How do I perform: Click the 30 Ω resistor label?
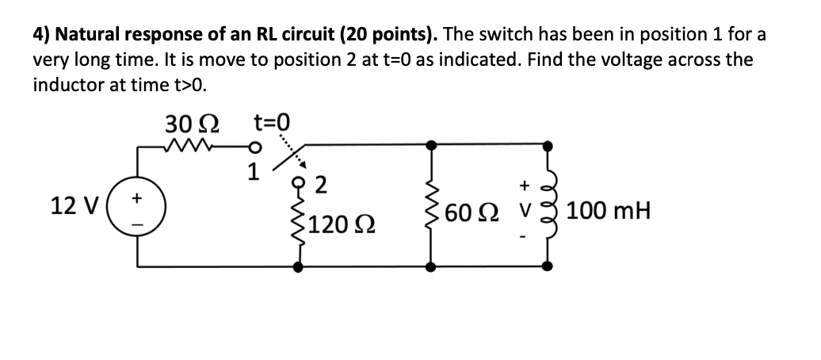[193, 124]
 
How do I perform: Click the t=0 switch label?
[271, 122]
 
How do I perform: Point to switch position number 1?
[254, 169]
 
